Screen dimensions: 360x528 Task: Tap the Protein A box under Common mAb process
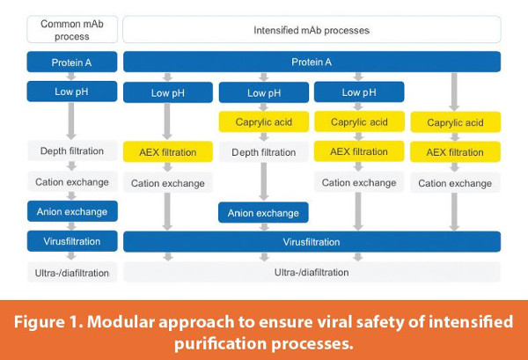pos(72,62)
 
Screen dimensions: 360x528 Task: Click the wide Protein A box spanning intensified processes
pos(312,62)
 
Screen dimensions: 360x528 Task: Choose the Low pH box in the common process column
pos(72,92)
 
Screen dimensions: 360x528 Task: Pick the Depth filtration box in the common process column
pos(72,151)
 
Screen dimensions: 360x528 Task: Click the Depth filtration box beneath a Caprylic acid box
pos(263,152)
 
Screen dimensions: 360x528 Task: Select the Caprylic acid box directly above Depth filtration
pos(263,122)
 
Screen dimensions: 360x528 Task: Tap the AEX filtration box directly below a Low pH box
pos(167,152)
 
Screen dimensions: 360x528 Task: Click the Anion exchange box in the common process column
pos(72,211)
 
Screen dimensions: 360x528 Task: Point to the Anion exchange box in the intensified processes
pos(263,212)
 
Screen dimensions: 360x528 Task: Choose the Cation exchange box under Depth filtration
pos(72,181)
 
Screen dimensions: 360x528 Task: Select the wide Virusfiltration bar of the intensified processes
pos(312,241)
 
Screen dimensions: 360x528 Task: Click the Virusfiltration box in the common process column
pos(72,241)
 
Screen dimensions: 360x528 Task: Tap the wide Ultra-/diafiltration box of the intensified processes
pos(312,272)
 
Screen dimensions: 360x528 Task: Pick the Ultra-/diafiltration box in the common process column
pos(72,272)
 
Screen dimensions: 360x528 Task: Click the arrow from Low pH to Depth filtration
pos(72,121)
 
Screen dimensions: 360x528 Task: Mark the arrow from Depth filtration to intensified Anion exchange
pos(263,182)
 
